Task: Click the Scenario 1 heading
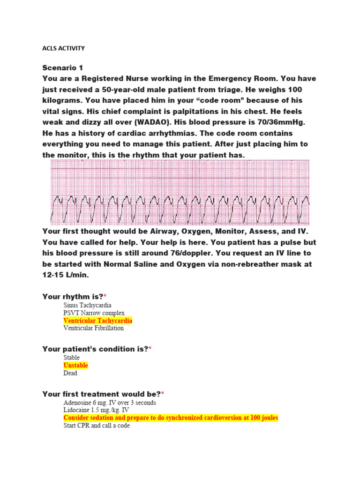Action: point(62,67)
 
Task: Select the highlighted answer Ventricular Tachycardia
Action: point(98,321)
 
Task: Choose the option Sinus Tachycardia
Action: point(87,305)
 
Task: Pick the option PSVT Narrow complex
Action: point(94,313)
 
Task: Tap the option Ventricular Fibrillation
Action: point(94,328)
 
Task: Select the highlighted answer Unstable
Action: point(76,365)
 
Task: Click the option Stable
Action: point(72,358)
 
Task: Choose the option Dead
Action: point(71,373)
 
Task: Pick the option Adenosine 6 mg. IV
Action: point(110,403)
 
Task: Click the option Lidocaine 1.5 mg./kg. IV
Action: point(96,410)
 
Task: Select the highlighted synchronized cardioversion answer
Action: point(171,418)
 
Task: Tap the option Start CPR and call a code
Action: point(97,426)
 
